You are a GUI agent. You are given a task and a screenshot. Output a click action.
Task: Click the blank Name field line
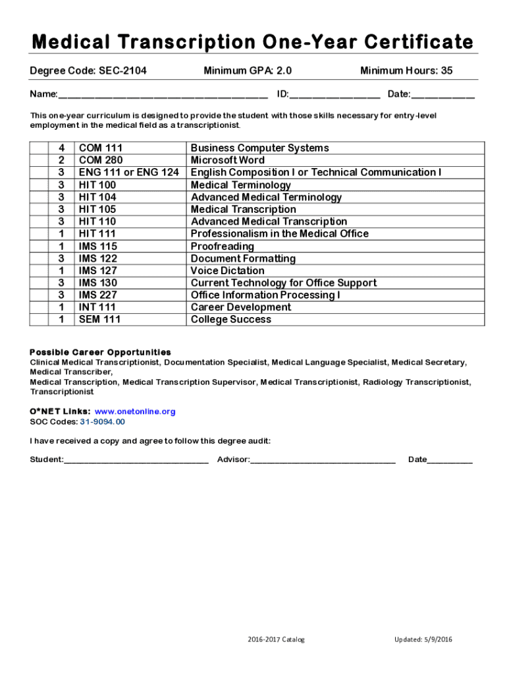[x=163, y=97]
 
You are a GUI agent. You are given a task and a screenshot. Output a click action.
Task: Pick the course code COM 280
[x=101, y=160]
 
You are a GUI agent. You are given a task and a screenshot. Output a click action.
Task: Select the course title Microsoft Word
[x=228, y=160]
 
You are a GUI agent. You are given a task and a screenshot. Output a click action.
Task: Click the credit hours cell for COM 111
[x=61, y=148]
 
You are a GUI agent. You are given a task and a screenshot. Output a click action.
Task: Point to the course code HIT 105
[x=97, y=210]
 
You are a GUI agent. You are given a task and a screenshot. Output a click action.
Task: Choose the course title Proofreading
[x=222, y=246]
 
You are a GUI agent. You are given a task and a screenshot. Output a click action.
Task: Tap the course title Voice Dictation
[x=228, y=271]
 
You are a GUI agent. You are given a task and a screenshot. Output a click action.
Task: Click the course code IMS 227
[x=98, y=295]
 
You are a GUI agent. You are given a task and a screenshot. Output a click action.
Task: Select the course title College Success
[x=231, y=320]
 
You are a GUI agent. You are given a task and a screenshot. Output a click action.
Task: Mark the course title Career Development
[x=241, y=307]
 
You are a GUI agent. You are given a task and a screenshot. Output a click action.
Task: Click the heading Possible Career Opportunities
[x=100, y=352]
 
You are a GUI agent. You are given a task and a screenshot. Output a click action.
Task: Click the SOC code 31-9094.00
[x=102, y=422]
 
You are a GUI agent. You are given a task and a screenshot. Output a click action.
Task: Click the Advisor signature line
[x=323, y=461]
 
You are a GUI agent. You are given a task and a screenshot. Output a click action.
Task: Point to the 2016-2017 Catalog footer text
[x=277, y=639]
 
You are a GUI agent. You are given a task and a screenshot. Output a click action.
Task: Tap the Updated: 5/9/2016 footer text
[x=423, y=639]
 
